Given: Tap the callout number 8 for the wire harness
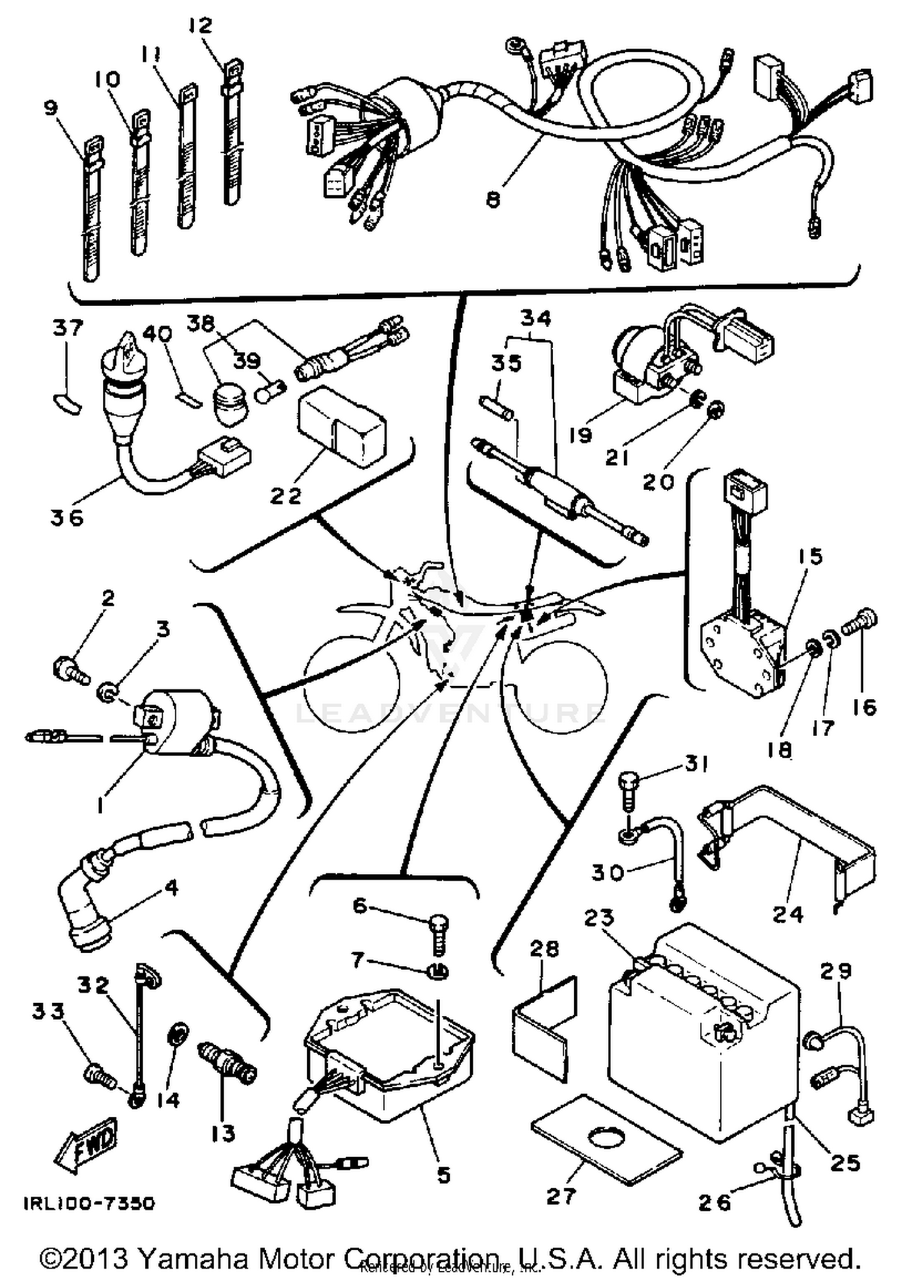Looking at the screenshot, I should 493,200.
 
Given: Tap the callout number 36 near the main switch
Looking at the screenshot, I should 67,517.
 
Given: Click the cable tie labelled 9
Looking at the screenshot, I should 90,210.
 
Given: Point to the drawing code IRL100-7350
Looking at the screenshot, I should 89,1203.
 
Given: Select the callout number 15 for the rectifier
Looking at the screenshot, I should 810,556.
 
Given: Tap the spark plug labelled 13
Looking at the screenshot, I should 227,1067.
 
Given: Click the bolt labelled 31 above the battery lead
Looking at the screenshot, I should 627,789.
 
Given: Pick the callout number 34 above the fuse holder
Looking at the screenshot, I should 535,318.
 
